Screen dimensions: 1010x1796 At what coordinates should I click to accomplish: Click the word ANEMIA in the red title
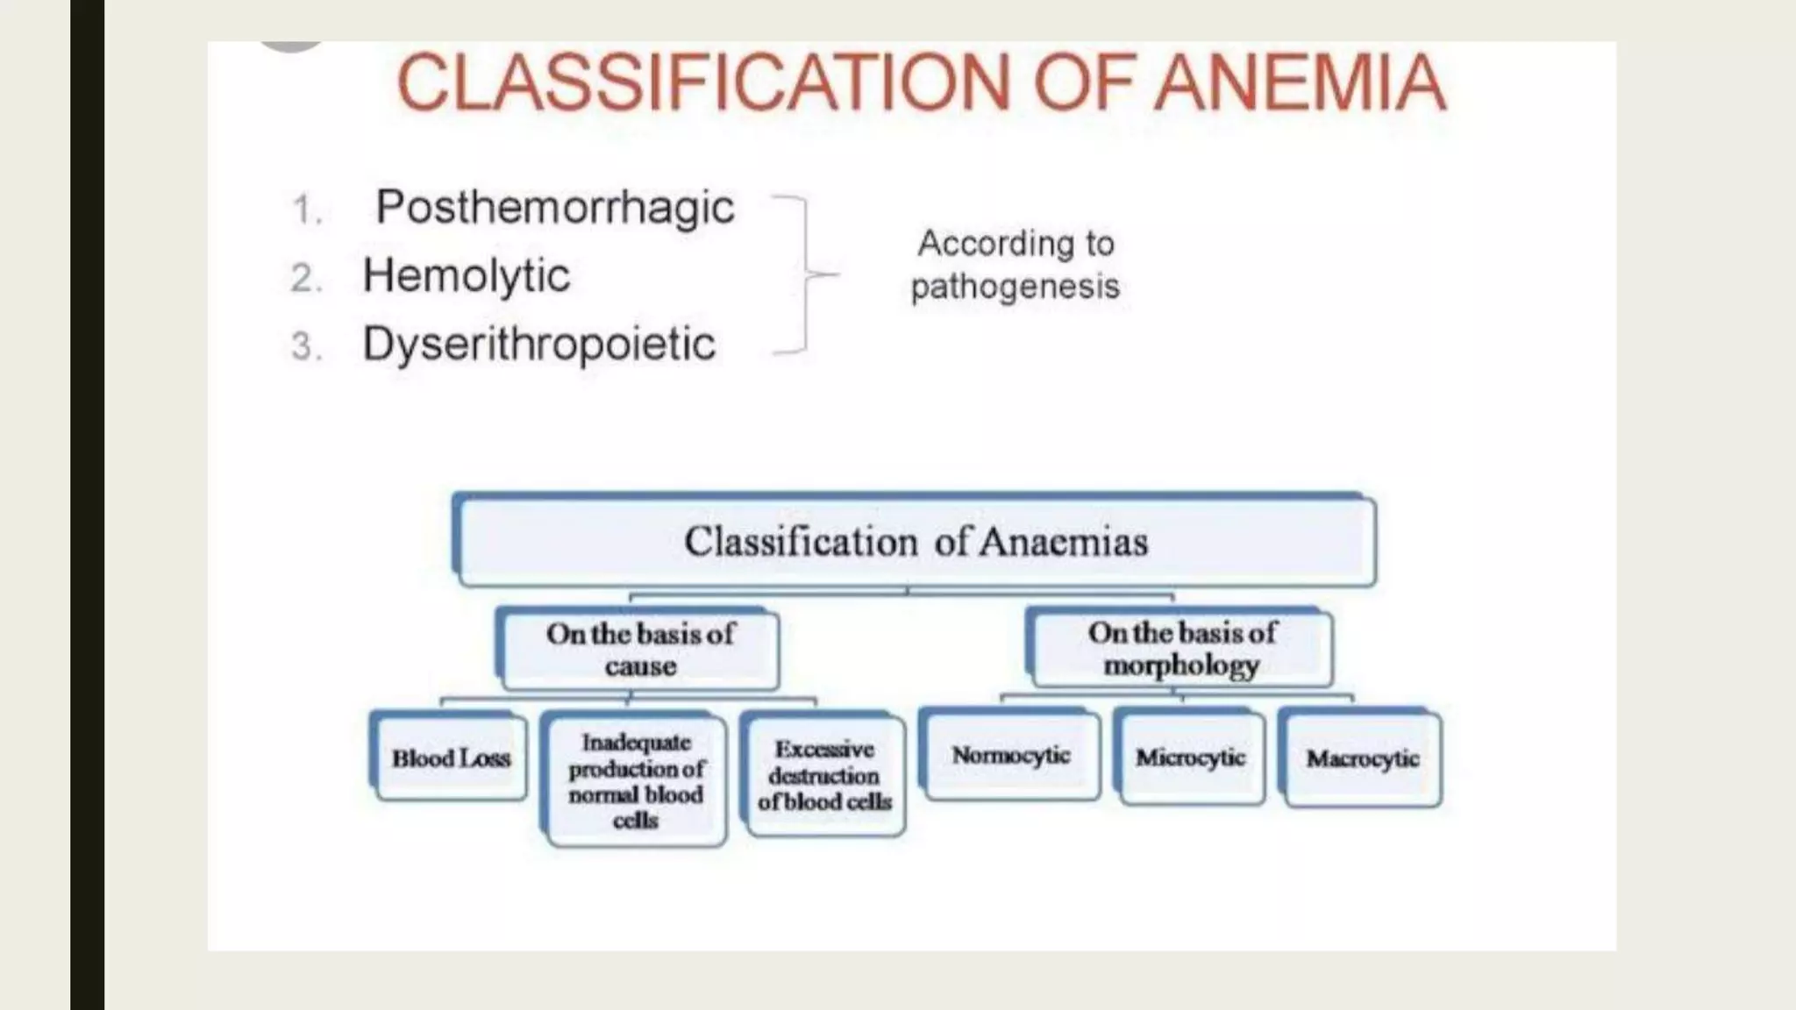[x=1300, y=82]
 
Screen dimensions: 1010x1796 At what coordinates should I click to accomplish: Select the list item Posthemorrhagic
[x=554, y=208]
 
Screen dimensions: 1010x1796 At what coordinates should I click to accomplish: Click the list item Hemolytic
[x=466, y=276]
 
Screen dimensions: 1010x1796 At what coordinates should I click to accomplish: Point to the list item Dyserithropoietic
[x=538, y=344]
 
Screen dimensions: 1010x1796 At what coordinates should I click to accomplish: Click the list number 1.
[x=305, y=210]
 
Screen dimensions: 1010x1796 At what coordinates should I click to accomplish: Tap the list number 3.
[x=305, y=346]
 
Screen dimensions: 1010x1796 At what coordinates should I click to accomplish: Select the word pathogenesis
[x=1015, y=287]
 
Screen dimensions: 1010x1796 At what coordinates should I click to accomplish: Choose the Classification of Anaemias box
[x=916, y=541]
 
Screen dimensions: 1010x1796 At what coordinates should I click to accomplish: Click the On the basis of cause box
[x=639, y=650]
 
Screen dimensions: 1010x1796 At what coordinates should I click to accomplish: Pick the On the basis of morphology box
[x=1181, y=649]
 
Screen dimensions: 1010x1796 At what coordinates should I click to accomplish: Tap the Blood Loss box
[x=451, y=757]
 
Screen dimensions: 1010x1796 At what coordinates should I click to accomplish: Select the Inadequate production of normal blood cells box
[x=636, y=780]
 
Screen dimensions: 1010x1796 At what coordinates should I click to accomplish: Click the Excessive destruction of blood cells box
[x=824, y=775]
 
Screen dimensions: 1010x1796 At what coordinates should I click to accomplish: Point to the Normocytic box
[x=1011, y=755]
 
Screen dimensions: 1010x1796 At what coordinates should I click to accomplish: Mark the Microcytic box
[x=1190, y=757]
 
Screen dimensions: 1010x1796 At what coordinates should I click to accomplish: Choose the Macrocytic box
[x=1362, y=758]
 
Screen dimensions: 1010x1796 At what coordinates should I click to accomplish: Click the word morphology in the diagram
[x=1181, y=665]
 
